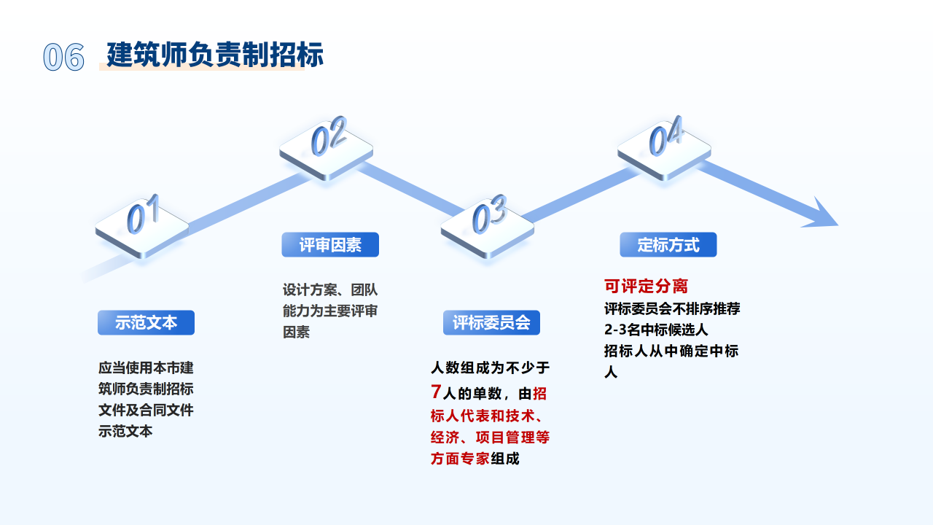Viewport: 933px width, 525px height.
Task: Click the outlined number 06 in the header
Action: (63, 57)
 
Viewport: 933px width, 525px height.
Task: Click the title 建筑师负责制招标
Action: (215, 55)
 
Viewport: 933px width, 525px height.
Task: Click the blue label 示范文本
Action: (146, 322)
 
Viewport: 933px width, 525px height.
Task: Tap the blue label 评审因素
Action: (330, 245)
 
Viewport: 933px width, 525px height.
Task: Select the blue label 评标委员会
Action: (491, 322)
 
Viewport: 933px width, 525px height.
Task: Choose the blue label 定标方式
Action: (668, 245)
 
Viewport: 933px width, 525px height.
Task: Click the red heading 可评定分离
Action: (646, 286)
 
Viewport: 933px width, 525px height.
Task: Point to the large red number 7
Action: (436, 392)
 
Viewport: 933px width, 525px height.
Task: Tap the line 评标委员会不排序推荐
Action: (672, 308)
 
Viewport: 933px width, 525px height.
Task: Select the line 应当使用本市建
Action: (146, 367)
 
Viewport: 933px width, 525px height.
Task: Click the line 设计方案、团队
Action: (330, 289)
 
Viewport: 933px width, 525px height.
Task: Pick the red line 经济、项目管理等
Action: (490, 437)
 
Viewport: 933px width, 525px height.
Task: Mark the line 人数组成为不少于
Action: (490, 367)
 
